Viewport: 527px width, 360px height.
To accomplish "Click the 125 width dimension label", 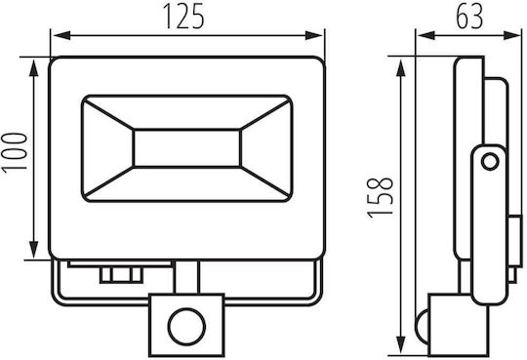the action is click(183, 17).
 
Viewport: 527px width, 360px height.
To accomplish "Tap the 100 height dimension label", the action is click(15, 153).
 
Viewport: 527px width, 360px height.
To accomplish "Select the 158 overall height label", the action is click(380, 198).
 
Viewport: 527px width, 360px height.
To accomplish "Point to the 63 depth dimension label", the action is click(469, 17).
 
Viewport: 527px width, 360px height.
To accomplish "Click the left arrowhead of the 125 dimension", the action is click(61, 35).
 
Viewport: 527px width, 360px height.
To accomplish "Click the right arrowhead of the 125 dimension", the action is click(313, 35).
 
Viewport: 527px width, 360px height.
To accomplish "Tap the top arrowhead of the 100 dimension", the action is click(33, 69).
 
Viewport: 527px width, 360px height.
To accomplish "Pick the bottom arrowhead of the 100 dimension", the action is click(33, 250).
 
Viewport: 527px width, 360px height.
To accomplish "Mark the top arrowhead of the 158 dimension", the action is click(401, 68).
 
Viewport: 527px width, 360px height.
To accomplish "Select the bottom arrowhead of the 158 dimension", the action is click(401, 344).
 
